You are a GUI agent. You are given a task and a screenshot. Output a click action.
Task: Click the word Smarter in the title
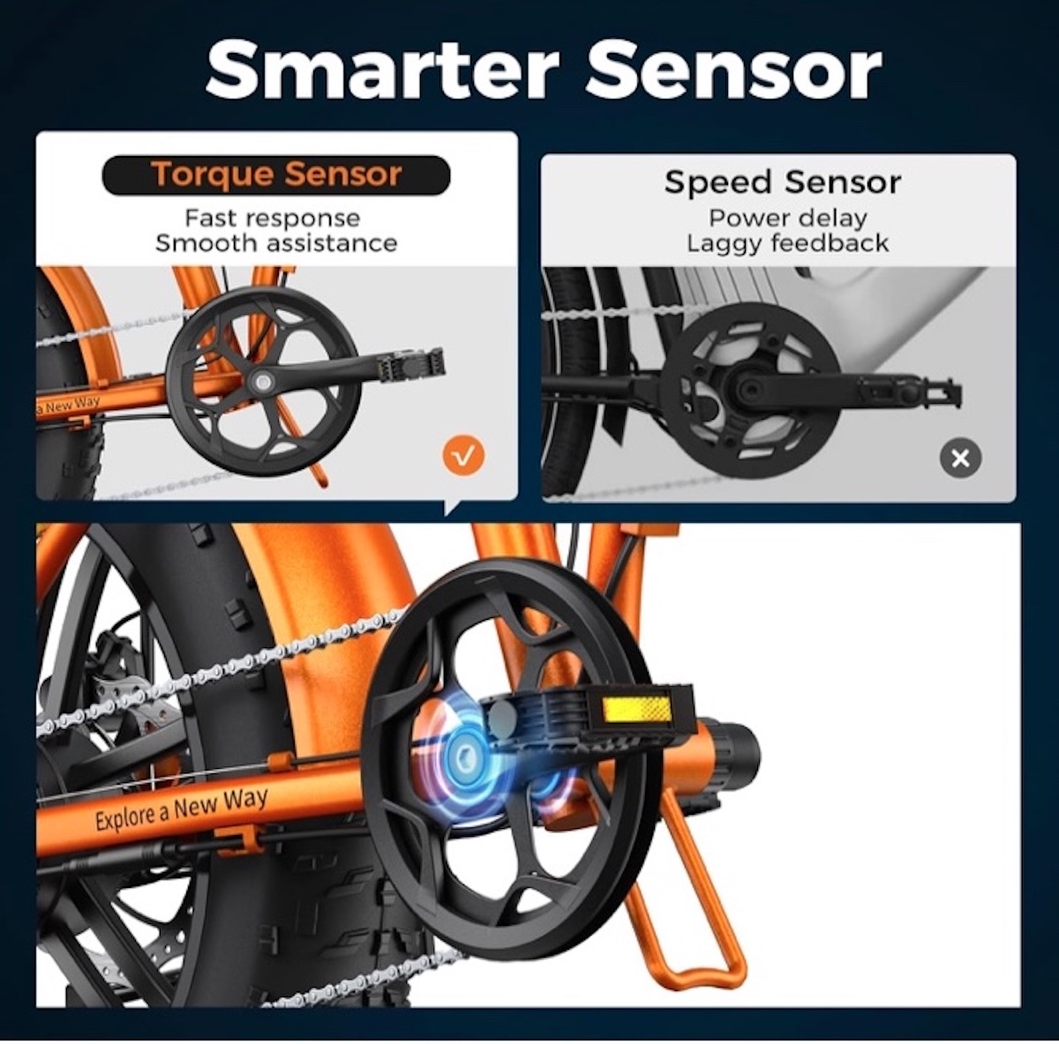(x=382, y=70)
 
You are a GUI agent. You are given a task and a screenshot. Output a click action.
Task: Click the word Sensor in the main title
(x=734, y=70)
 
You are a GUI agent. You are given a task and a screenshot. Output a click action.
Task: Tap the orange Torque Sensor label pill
(x=276, y=175)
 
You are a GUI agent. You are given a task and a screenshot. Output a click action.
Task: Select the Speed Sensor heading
(x=782, y=182)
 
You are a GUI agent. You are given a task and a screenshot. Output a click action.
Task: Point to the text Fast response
(x=273, y=218)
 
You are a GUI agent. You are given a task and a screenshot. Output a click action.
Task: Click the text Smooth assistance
(x=276, y=242)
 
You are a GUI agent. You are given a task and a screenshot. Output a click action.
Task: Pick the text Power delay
(x=787, y=218)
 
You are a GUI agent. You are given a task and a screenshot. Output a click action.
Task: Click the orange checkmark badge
(x=464, y=455)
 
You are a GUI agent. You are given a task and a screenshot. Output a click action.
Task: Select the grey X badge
(x=960, y=458)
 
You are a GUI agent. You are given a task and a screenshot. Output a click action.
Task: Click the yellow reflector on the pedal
(x=637, y=709)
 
